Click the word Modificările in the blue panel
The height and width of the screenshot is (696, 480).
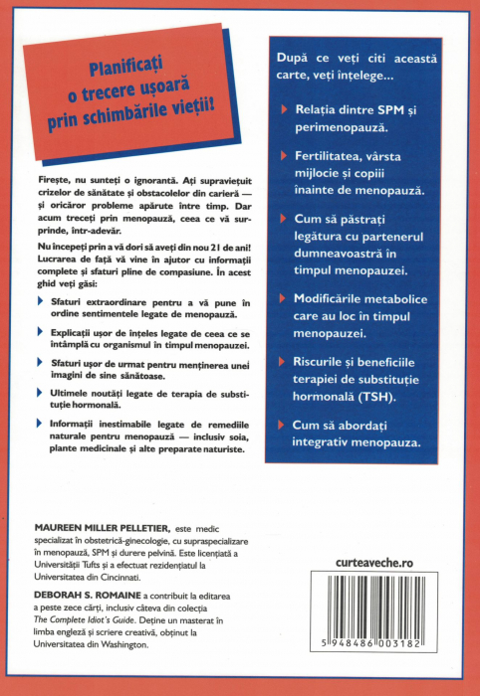tap(340, 295)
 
